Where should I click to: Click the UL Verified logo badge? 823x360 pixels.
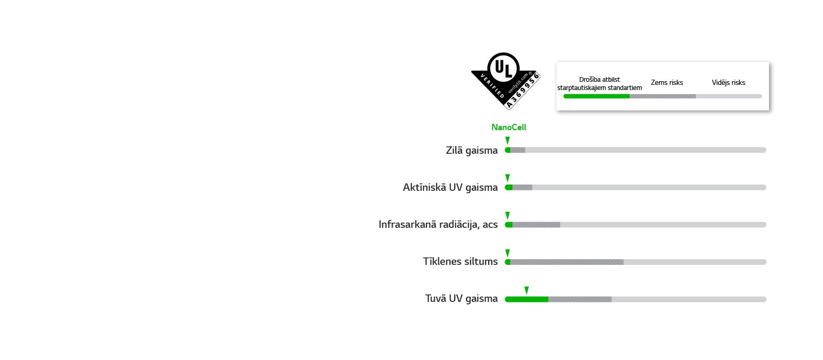click(x=505, y=81)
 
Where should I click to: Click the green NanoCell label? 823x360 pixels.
click(x=508, y=127)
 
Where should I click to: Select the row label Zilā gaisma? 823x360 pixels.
click(x=472, y=150)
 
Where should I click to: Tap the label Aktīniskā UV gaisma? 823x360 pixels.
click(x=450, y=187)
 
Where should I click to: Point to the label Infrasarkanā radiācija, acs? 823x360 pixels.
click(x=438, y=224)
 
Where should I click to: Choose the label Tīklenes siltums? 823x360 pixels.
click(x=460, y=261)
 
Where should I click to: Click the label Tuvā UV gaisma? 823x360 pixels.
click(x=461, y=298)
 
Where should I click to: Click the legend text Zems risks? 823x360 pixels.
click(x=667, y=82)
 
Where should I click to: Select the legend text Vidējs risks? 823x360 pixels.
click(x=728, y=82)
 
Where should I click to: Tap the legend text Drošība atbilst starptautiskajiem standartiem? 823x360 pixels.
click(x=599, y=83)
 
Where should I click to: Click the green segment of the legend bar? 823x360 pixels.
click(x=596, y=96)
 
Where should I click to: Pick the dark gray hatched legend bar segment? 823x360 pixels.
click(x=663, y=96)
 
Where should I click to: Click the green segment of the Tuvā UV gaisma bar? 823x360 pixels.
click(x=527, y=299)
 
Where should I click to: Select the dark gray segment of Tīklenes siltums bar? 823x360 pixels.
click(x=567, y=262)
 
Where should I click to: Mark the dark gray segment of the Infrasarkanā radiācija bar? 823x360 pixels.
click(x=536, y=225)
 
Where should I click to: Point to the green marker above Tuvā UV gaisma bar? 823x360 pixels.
click(x=526, y=290)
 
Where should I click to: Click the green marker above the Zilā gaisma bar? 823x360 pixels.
click(x=507, y=140)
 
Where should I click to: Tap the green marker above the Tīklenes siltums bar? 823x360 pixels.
click(x=507, y=253)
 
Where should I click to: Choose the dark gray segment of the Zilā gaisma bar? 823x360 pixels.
click(x=518, y=150)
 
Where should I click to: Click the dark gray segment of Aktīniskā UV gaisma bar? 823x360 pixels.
click(x=522, y=187)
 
